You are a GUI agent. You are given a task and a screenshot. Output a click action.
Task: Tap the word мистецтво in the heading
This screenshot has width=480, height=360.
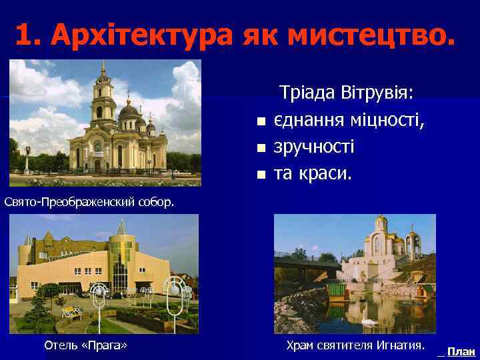click(375, 35)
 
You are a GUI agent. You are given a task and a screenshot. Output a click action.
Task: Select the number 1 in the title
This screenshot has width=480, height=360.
click(24, 35)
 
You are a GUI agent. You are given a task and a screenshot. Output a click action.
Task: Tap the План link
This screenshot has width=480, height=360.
click(461, 351)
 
